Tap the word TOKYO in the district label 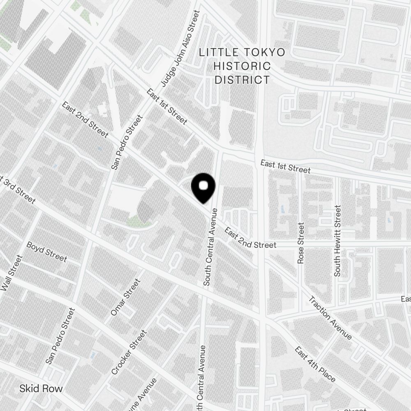click(266, 52)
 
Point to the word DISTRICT click(242, 79)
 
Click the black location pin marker click(203, 187)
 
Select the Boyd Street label click(46, 252)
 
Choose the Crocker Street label click(129, 352)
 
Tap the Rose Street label click(301, 243)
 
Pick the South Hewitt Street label click(338, 241)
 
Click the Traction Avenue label click(330, 318)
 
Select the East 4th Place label click(315, 364)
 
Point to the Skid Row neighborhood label click(41, 389)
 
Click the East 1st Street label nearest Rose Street click(285, 166)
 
